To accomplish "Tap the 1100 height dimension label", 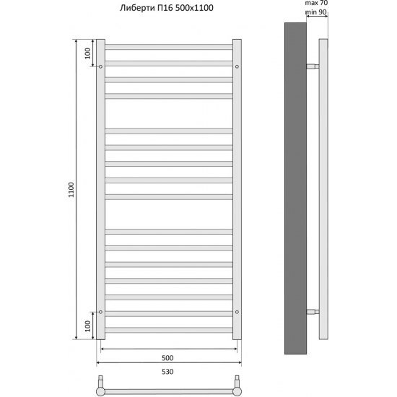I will [71, 190].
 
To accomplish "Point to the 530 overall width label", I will [167, 371].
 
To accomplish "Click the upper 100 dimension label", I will [87, 53].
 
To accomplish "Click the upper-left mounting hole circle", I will [101, 66].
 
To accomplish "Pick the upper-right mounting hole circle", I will [237, 66].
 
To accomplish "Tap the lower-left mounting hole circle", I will [101, 312].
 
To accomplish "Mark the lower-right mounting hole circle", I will [237, 312].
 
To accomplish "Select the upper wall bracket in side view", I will [313, 66].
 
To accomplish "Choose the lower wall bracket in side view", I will [313, 312].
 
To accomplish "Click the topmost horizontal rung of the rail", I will [169, 47].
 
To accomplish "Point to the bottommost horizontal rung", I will [169, 330].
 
